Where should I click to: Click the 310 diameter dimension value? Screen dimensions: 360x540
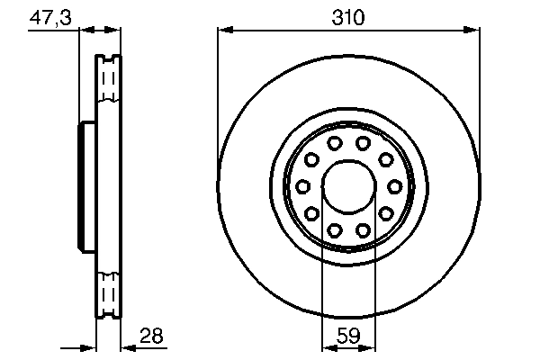point(347,15)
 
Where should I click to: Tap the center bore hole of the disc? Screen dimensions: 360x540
point(347,186)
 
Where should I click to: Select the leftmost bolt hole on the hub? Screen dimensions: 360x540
point(302,186)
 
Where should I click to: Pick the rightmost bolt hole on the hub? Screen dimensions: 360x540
point(393,186)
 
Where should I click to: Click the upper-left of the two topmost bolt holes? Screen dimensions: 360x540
point(334,144)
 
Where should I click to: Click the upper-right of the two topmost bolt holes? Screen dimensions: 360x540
point(362,144)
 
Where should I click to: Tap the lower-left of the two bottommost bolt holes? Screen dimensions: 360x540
point(334,229)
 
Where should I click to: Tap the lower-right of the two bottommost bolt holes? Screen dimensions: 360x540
point(362,229)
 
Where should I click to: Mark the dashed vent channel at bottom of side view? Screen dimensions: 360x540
point(108,292)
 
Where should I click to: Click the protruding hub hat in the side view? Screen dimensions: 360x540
point(86,186)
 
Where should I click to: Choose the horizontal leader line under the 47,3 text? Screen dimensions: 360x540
point(54,31)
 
